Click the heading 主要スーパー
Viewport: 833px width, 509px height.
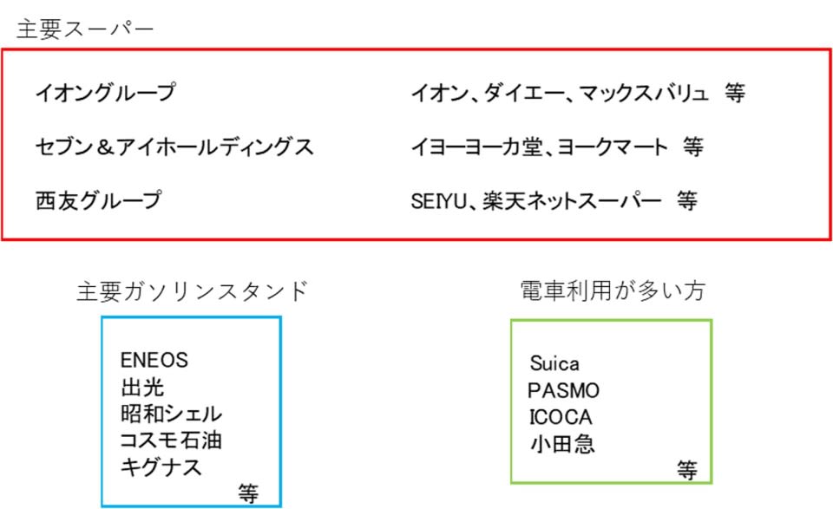tap(84, 29)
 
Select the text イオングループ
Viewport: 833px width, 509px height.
tap(105, 92)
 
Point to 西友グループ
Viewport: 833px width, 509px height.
tap(98, 200)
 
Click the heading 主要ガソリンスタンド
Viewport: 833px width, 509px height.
tap(192, 291)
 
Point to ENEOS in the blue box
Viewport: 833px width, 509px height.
tap(154, 359)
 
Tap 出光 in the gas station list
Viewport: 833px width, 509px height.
tap(142, 386)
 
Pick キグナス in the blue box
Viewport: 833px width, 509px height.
tap(161, 467)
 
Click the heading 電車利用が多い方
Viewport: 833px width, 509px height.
tap(612, 291)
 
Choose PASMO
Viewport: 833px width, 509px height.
tap(563, 390)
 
